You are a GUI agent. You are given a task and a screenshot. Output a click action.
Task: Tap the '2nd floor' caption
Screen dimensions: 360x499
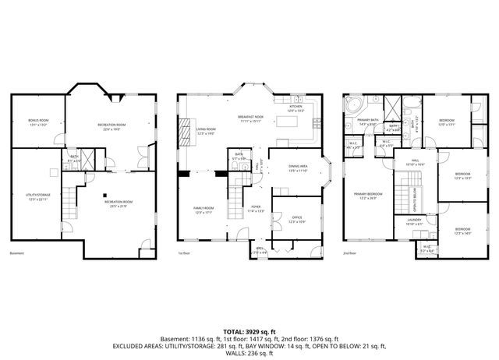349,253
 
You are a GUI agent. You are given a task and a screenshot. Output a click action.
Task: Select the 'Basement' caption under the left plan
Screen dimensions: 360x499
17,253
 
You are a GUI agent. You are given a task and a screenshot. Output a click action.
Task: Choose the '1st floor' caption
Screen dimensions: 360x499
184,253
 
